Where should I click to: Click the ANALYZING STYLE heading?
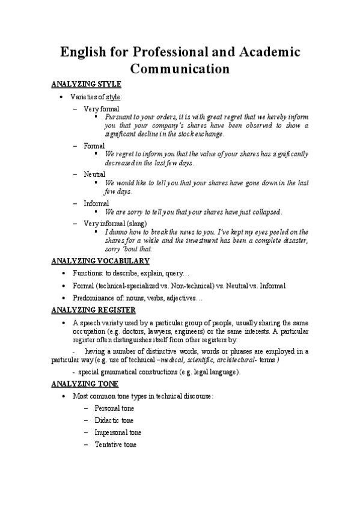(x=86, y=84)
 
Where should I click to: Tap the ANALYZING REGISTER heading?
(x=93, y=310)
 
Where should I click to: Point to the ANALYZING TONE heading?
(x=85, y=384)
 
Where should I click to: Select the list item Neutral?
(x=94, y=174)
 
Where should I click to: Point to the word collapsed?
(x=265, y=212)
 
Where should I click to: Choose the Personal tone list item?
(x=114, y=408)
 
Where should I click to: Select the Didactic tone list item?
(x=114, y=420)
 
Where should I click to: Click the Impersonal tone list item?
(x=118, y=432)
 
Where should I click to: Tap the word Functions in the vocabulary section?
(x=87, y=273)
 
